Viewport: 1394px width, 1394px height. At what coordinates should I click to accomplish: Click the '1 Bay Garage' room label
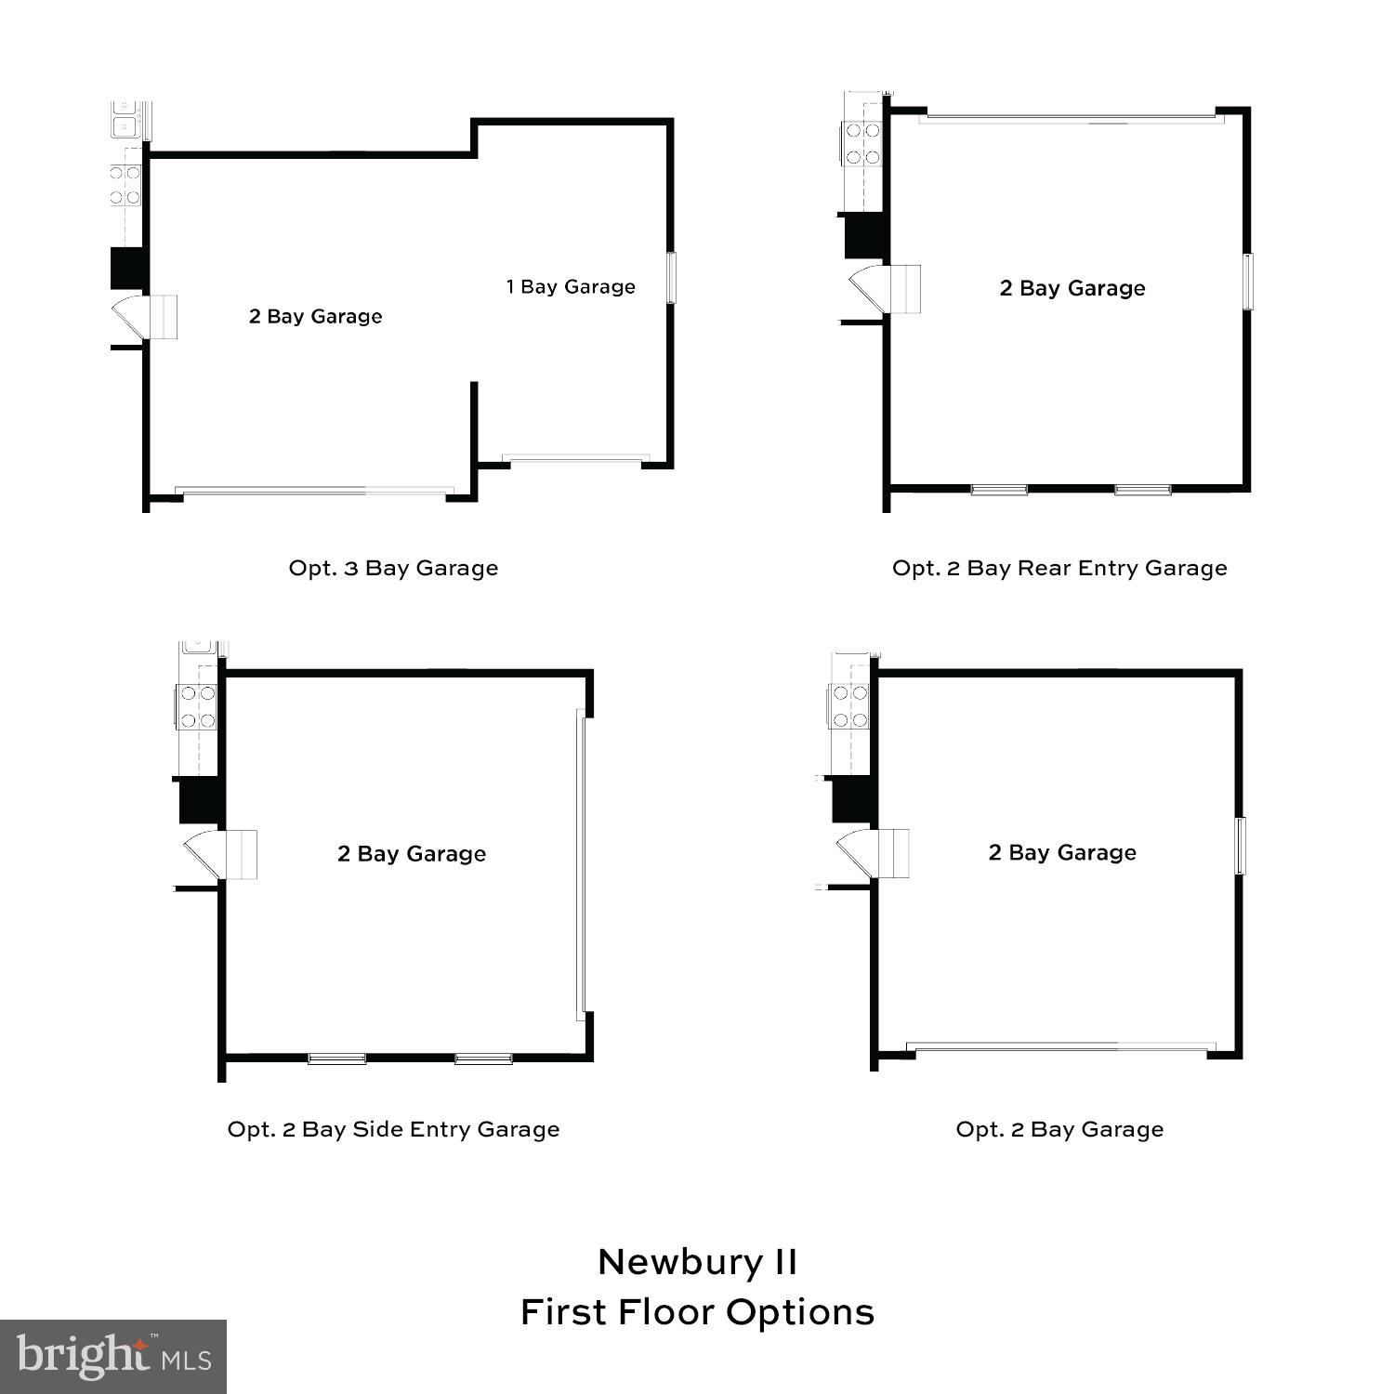[571, 287]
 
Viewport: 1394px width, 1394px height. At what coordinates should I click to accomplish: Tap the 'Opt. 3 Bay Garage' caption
[393, 568]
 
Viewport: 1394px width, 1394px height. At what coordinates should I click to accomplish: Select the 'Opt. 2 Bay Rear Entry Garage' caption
[1059, 568]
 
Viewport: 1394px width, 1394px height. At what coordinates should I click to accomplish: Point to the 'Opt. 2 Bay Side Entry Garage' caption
[393, 1129]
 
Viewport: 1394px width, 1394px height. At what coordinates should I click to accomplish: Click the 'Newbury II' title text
[697, 1262]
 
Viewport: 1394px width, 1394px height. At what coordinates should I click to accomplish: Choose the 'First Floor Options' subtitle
[697, 1312]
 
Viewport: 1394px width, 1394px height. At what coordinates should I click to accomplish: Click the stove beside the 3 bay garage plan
[125, 184]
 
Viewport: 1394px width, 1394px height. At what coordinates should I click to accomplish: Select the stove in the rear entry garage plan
[862, 144]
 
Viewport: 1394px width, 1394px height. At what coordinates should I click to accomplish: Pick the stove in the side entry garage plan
[197, 706]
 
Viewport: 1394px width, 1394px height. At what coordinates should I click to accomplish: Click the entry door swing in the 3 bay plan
[130, 316]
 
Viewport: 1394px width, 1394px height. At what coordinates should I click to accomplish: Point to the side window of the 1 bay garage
[671, 277]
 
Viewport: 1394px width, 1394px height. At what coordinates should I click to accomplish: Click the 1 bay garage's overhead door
[575, 458]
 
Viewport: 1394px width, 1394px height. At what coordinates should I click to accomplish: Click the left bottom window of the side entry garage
[336, 1059]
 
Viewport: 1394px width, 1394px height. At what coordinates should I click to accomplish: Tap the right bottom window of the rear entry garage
[1142, 489]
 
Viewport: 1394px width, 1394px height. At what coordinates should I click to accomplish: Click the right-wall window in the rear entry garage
[1248, 281]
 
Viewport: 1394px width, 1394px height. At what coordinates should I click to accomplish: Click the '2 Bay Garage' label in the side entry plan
[412, 854]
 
